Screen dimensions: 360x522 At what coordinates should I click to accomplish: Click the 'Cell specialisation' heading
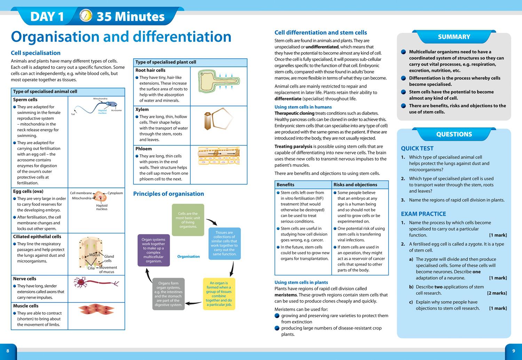click(x=35, y=53)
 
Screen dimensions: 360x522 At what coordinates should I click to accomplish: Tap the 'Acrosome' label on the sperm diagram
click(x=116, y=111)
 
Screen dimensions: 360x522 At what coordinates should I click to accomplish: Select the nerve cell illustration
click(x=96, y=282)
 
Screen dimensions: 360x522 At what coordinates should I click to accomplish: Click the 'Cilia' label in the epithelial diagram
click(x=91, y=268)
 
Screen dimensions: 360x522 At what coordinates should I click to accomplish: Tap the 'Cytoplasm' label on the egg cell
click(x=115, y=193)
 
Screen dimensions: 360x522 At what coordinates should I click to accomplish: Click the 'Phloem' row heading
click(x=143, y=149)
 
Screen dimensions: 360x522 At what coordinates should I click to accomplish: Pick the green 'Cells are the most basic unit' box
click(x=188, y=220)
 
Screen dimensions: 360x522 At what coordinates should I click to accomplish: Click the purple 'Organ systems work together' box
click(x=153, y=250)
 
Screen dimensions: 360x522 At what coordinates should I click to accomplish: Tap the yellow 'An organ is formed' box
click(x=219, y=294)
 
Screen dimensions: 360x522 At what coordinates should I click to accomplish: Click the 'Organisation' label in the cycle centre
click(x=188, y=257)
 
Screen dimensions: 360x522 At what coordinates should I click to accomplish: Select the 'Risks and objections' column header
click(x=355, y=185)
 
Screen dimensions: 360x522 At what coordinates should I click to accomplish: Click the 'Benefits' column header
click(x=285, y=185)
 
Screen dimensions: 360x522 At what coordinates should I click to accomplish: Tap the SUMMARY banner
click(x=454, y=37)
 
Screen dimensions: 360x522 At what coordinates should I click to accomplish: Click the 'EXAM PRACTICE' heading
click(x=423, y=214)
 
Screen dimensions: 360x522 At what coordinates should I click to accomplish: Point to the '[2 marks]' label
click(x=497, y=293)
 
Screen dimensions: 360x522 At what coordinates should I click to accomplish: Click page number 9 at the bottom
click(x=513, y=351)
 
